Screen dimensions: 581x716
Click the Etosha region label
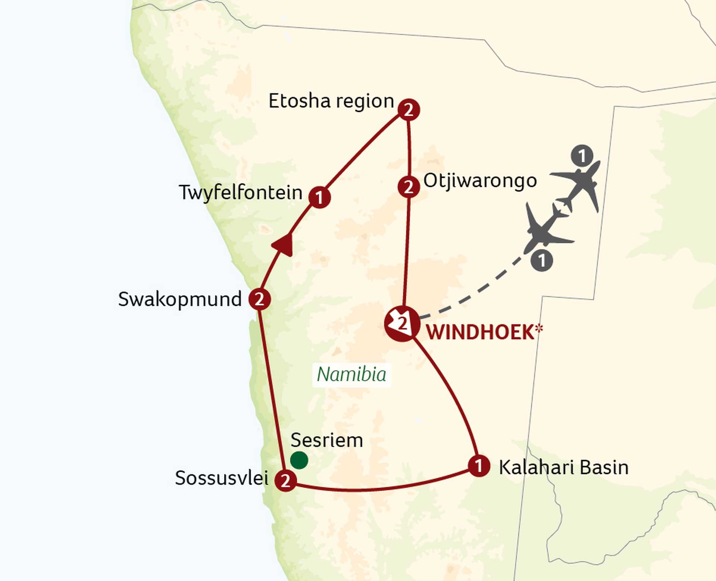tap(331, 101)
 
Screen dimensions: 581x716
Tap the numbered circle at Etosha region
tap(409, 110)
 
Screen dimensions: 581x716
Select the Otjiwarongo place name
tap(480, 181)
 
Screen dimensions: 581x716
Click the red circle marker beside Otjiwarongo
tap(409, 187)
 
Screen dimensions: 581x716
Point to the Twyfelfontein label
tap(241, 193)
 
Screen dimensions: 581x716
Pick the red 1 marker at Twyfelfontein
tap(320, 197)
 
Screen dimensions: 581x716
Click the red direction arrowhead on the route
tap(283, 245)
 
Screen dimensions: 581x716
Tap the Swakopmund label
tap(180, 299)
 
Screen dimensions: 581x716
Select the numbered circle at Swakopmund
tap(260, 299)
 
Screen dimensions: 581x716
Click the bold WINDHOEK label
tap(480, 333)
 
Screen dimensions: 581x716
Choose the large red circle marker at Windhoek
tap(402, 324)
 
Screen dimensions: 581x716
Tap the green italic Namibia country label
tap(351, 374)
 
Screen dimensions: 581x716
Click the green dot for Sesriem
tap(299, 460)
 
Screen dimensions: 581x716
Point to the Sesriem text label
tap(327, 440)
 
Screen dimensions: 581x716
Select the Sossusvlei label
tap(222, 478)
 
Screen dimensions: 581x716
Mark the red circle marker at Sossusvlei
tap(286, 480)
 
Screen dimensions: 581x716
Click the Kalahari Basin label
tap(563, 468)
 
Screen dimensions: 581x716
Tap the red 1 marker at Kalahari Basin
tap(479, 466)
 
